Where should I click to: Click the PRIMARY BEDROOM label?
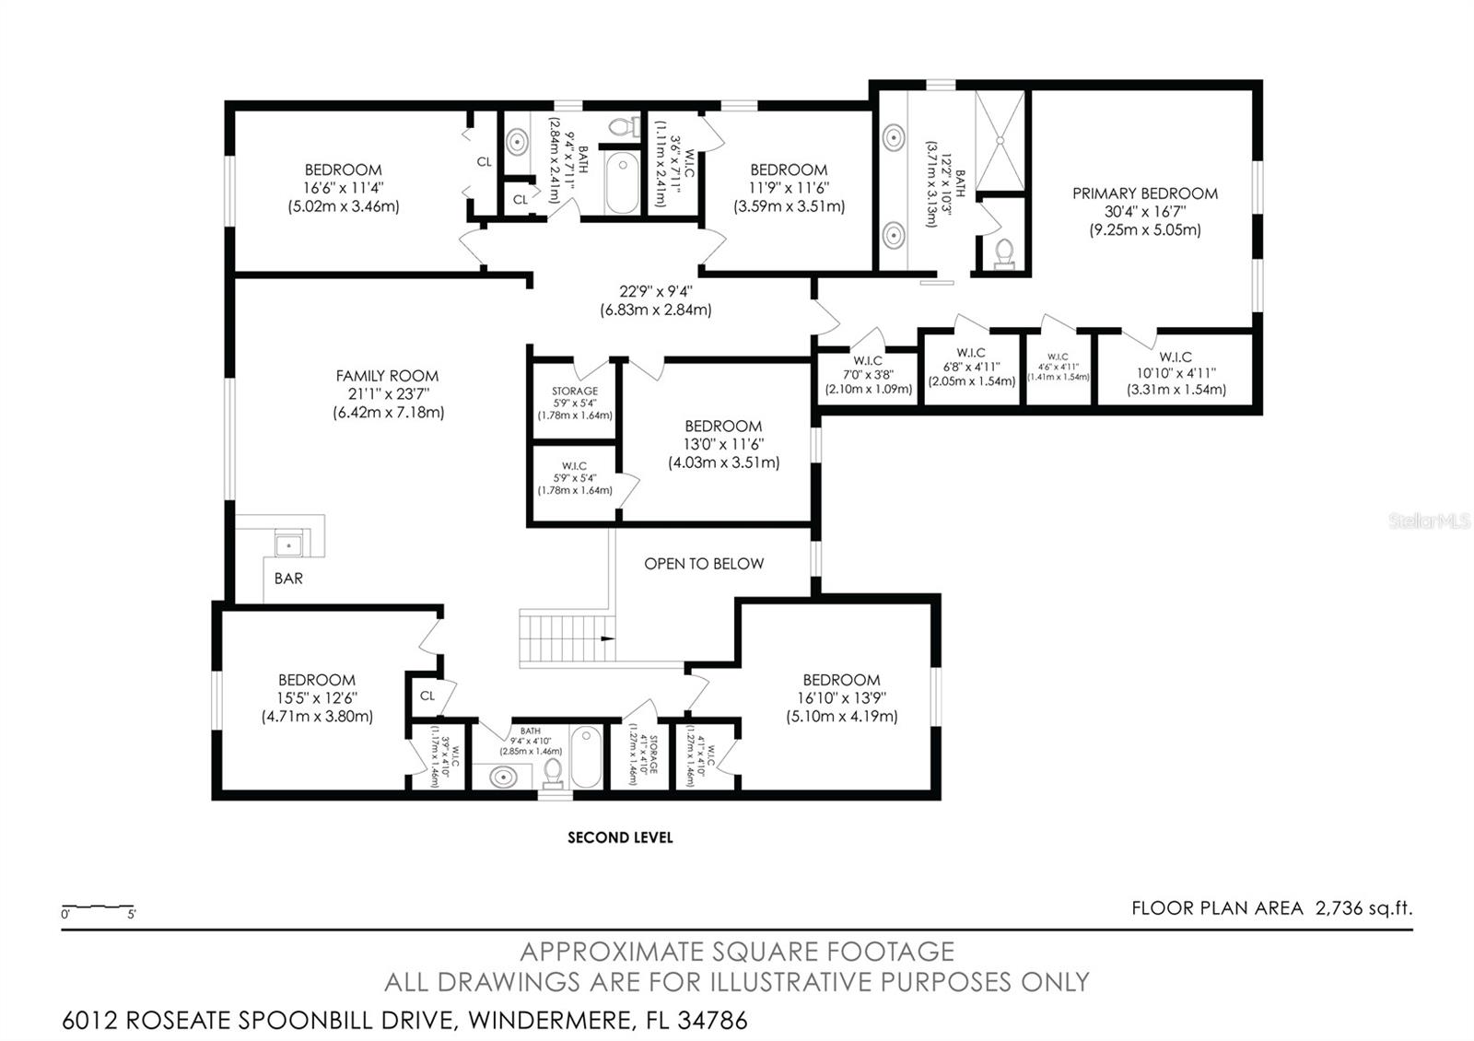(x=1144, y=193)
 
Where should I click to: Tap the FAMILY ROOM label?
(x=387, y=376)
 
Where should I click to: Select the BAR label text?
(x=288, y=579)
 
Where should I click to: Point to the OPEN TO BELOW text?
(x=704, y=564)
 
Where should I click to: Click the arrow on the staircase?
(x=607, y=637)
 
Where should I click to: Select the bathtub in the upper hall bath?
(x=623, y=183)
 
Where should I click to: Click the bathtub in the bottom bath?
(x=586, y=757)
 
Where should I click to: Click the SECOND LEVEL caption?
(x=620, y=837)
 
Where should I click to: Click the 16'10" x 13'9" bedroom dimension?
(x=841, y=698)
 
